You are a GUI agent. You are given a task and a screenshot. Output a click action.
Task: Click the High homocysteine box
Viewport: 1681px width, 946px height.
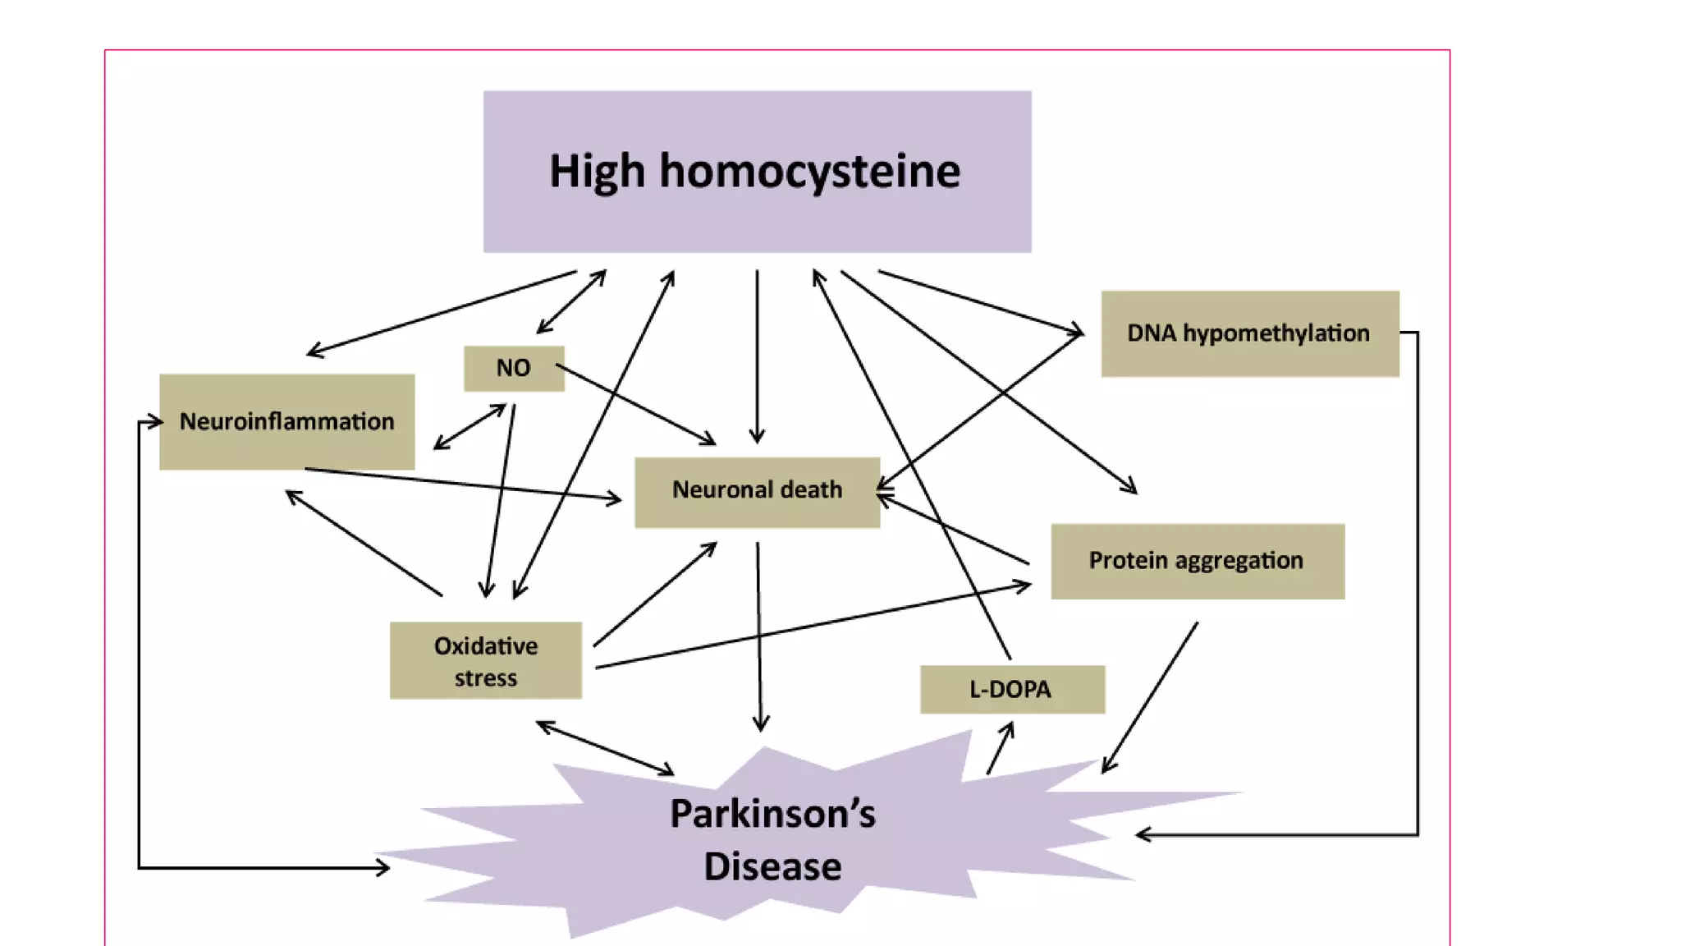(x=757, y=171)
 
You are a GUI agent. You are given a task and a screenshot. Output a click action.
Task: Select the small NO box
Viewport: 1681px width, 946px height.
(x=514, y=368)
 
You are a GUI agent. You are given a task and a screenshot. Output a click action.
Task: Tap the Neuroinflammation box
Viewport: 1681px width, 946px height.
(x=286, y=422)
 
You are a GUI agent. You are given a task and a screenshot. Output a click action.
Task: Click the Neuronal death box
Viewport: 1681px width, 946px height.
(x=757, y=491)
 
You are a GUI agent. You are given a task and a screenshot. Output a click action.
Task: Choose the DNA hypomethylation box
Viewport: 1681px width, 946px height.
(x=1249, y=333)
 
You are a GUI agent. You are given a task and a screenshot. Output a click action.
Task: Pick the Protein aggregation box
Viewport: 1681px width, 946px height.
(x=1197, y=561)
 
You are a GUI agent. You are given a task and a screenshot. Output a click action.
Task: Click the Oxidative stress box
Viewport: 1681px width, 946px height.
(x=486, y=661)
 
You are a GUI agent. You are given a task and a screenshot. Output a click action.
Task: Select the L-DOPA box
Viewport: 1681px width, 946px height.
(x=1011, y=689)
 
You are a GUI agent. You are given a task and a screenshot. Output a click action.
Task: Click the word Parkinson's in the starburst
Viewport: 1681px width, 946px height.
(x=772, y=814)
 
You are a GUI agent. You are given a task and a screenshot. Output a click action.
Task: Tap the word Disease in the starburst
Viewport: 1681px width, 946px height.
(x=772, y=867)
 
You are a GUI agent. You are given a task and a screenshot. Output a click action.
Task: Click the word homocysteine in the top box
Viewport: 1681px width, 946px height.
(x=809, y=171)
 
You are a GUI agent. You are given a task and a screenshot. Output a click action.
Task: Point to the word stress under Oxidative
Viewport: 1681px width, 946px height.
(x=486, y=678)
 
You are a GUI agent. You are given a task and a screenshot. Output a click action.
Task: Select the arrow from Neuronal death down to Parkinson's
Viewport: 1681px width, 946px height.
(x=759, y=636)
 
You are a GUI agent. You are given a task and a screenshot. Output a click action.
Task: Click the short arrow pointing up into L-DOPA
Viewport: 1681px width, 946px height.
(x=1000, y=748)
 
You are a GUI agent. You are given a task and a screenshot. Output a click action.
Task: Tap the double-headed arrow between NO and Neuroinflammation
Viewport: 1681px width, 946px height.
(x=469, y=427)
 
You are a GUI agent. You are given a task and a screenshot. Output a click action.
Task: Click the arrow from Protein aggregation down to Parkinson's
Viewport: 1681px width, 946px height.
(x=1149, y=698)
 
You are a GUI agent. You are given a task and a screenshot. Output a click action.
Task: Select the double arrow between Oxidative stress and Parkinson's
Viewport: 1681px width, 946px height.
(x=605, y=748)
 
